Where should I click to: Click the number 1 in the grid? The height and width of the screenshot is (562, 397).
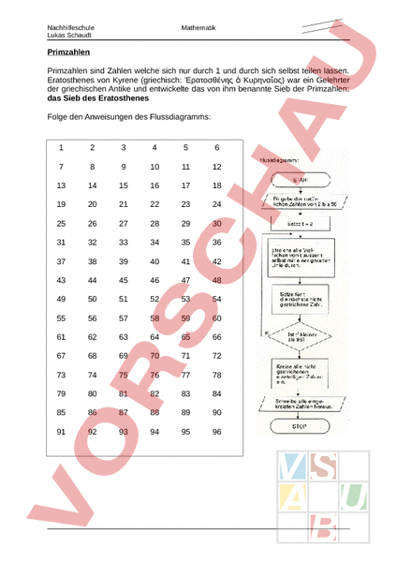[x=61, y=148]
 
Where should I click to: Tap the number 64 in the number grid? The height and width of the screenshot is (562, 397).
[x=154, y=337]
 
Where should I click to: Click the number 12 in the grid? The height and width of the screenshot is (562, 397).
[x=216, y=167]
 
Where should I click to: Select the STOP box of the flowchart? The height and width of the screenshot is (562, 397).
[x=300, y=424]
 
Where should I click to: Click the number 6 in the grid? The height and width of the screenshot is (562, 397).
[x=216, y=148]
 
